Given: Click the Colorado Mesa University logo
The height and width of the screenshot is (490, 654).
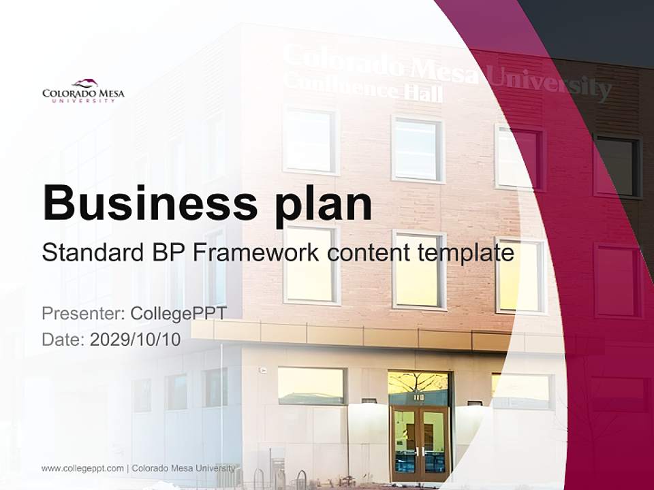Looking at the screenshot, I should [83, 91].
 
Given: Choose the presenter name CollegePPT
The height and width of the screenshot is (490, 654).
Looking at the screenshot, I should [178, 314].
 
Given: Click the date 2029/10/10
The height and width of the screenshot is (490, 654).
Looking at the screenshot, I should [136, 340].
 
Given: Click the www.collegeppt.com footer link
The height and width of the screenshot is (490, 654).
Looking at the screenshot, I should [82, 468].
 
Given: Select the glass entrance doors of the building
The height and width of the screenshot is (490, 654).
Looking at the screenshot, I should [420, 442].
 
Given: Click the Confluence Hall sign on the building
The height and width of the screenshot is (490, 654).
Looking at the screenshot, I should [362, 89].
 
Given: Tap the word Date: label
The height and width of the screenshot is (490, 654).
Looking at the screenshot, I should [63, 340].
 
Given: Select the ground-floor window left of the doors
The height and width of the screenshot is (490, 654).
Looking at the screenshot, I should [311, 385].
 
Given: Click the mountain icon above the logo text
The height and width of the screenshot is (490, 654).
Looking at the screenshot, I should [84, 83].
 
